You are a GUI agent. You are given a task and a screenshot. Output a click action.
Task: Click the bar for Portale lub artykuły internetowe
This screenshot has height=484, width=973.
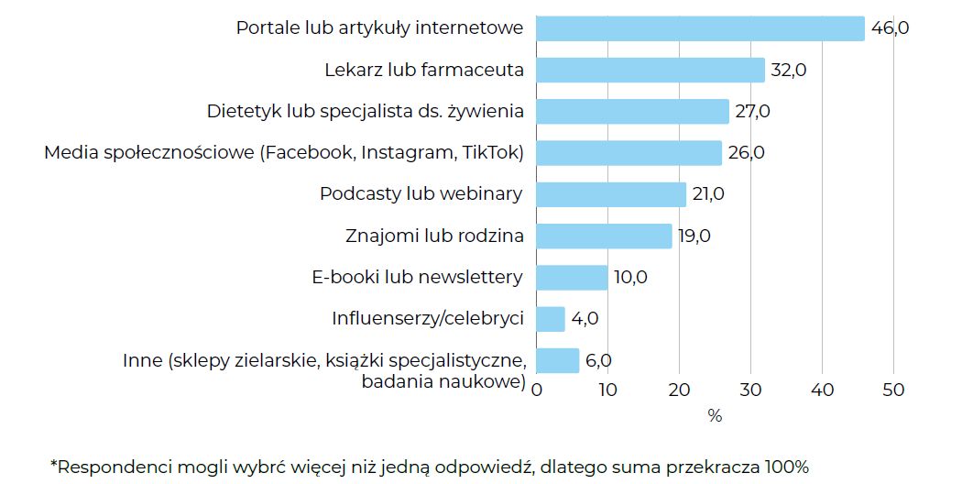point(700,28)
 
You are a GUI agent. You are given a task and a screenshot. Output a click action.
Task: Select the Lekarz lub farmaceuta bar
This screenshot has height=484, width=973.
point(650,71)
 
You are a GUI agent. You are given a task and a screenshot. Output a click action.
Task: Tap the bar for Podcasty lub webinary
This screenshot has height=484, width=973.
point(611,194)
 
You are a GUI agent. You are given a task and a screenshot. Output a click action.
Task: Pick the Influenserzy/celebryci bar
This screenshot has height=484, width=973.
point(550,319)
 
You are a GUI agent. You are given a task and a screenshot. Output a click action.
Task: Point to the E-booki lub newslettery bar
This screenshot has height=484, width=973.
point(572,278)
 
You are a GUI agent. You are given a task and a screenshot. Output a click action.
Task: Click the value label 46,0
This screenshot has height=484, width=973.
point(890,28)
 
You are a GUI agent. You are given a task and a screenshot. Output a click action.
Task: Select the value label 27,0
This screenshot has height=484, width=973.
point(752,112)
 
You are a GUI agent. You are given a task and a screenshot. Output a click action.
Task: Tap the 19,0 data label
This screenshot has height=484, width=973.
point(693,236)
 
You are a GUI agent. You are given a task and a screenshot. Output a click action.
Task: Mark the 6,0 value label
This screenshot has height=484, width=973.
point(597,360)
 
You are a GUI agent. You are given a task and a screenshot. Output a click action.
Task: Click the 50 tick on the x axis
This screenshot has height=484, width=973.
point(893,390)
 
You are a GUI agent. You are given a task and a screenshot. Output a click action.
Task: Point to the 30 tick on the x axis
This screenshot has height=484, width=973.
point(750,390)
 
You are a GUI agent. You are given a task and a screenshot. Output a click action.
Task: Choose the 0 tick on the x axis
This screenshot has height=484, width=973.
point(537,390)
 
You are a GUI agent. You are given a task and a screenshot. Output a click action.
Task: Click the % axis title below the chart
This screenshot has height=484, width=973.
point(715,416)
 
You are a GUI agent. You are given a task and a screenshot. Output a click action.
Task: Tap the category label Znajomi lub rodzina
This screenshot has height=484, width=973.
point(435,236)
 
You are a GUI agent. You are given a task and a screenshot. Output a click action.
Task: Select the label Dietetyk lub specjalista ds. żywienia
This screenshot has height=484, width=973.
point(366,112)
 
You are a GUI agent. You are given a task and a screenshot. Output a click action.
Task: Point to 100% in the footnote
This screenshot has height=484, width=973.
point(785,467)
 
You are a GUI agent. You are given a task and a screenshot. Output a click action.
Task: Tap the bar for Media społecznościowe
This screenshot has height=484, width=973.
point(629,153)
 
